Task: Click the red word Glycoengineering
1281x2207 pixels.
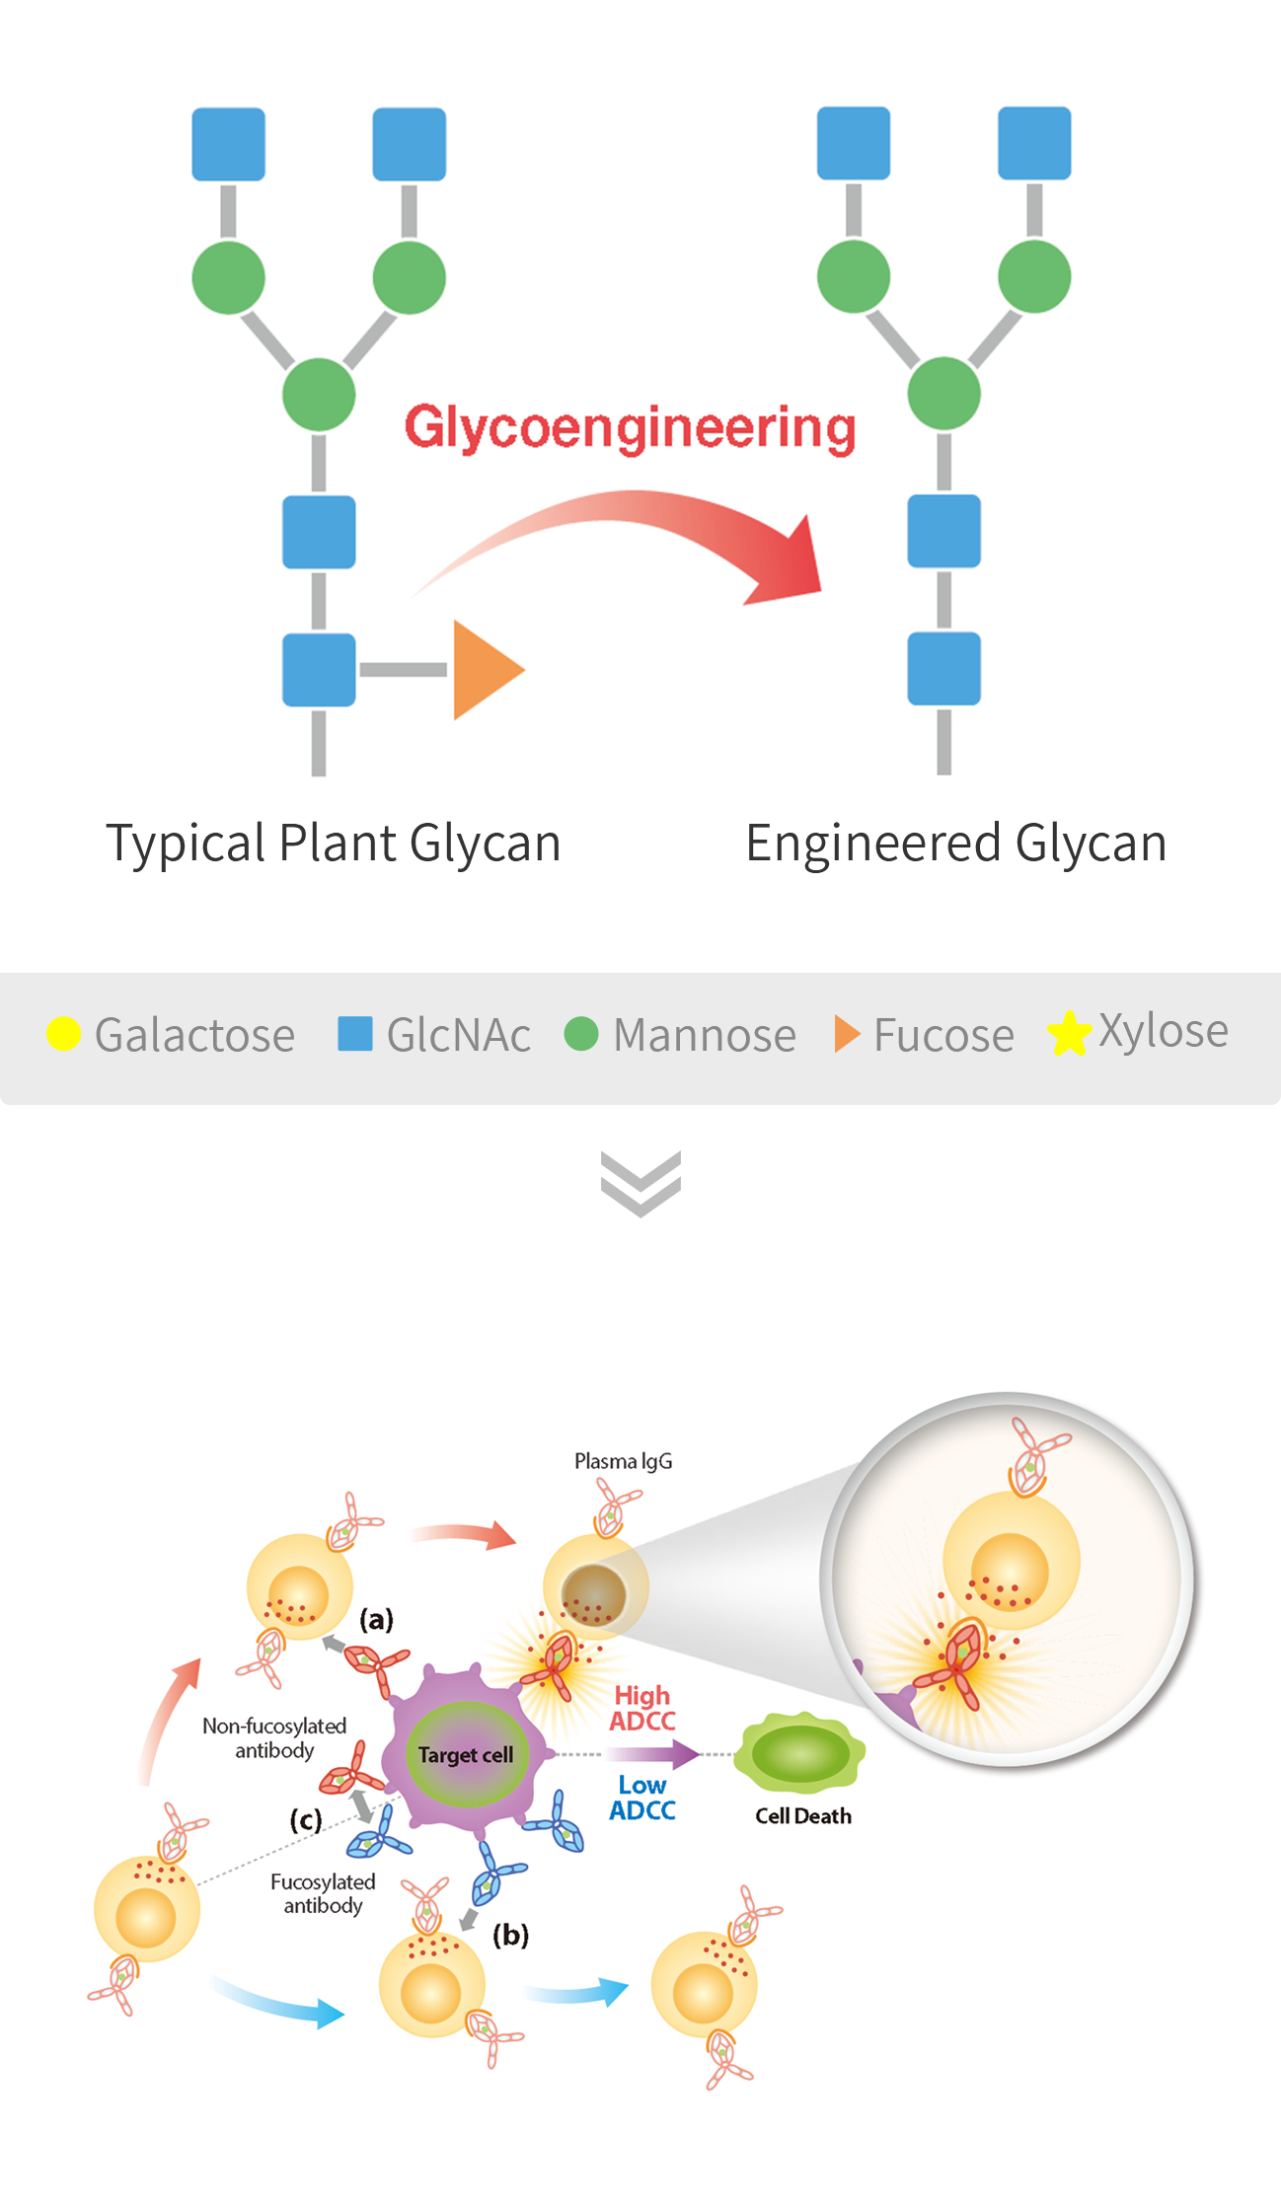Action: (x=630, y=428)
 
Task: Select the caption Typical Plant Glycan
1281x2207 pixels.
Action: (x=334, y=844)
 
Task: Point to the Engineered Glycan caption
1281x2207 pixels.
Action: (x=955, y=844)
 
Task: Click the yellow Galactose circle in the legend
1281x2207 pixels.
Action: (x=64, y=1034)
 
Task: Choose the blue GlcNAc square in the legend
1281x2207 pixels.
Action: (x=354, y=1034)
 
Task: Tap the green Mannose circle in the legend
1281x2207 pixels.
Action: (x=581, y=1034)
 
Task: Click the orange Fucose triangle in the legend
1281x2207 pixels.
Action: (x=846, y=1034)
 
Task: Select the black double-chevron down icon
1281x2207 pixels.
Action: (x=640, y=1184)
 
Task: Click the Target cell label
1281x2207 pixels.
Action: (x=466, y=1755)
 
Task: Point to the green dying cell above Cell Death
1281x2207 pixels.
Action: (x=801, y=1753)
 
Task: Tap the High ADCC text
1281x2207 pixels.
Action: (x=642, y=1708)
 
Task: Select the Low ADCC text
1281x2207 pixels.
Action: (x=642, y=1798)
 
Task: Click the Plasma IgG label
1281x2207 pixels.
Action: (x=624, y=1461)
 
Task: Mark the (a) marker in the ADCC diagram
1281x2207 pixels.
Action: (x=376, y=1619)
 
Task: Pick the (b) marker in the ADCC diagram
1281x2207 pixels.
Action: (x=510, y=1935)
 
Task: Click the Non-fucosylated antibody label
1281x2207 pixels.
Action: (x=274, y=1737)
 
